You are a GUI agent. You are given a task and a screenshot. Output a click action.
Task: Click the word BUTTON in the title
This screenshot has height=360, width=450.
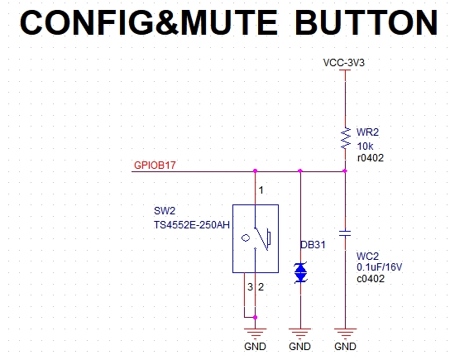pyautogui.click(x=366, y=22)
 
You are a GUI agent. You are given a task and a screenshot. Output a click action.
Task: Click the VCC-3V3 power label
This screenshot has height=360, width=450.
pyautogui.click(x=343, y=63)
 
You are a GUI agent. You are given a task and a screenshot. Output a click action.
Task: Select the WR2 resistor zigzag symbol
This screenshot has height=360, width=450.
pyautogui.click(x=345, y=138)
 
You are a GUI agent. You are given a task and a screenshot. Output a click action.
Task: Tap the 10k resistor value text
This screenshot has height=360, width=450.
pyautogui.click(x=365, y=146)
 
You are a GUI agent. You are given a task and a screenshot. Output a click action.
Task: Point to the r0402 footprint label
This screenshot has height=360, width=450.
pyautogui.click(x=371, y=158)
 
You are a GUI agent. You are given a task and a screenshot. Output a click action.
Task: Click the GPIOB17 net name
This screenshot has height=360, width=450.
pyautogui.click(x=155, y=165)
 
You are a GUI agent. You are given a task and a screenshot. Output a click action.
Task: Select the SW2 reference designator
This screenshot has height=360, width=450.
pyautogui.click(x=165, y=211)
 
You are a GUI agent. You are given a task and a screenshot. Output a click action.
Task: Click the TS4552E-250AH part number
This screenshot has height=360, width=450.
pyautogui.click(x=192, y=225)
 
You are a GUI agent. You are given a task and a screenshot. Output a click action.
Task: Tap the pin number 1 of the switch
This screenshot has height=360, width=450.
pyautogui.click(x=261, y=190)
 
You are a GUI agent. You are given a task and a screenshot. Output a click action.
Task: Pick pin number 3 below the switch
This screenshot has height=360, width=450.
pyautogui.click(x=250, y=287)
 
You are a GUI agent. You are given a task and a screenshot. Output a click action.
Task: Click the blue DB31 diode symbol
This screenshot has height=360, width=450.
pyautogui.click(x=300, y=272)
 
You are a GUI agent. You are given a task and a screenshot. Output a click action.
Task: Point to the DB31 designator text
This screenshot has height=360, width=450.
pyautogui.click(x=313, y=245)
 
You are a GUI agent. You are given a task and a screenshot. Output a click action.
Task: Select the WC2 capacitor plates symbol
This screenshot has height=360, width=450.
pyautogui.click(x=345, y=233)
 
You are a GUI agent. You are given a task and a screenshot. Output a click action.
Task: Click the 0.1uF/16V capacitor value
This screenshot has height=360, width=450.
pyautogui.click(x=379, y=267)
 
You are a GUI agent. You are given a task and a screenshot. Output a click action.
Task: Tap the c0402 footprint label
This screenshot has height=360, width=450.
pyautogui.click(x=371, y=279)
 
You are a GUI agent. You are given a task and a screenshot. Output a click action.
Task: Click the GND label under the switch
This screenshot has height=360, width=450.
pyautogui.click(x=255, y=347)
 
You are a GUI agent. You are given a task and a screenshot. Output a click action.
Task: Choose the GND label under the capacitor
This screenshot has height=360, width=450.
pyautogui.click(x=345, y=347)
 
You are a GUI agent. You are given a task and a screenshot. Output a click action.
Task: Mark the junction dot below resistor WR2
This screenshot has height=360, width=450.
pyautogui.click(x=345, y=171)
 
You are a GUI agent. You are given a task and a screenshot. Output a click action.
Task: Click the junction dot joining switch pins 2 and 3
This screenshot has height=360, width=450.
pyautogui.click(x=255, y=317)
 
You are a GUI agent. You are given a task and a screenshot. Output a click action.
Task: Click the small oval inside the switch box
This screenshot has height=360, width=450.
pyautogui.click(x=246, y=238)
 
